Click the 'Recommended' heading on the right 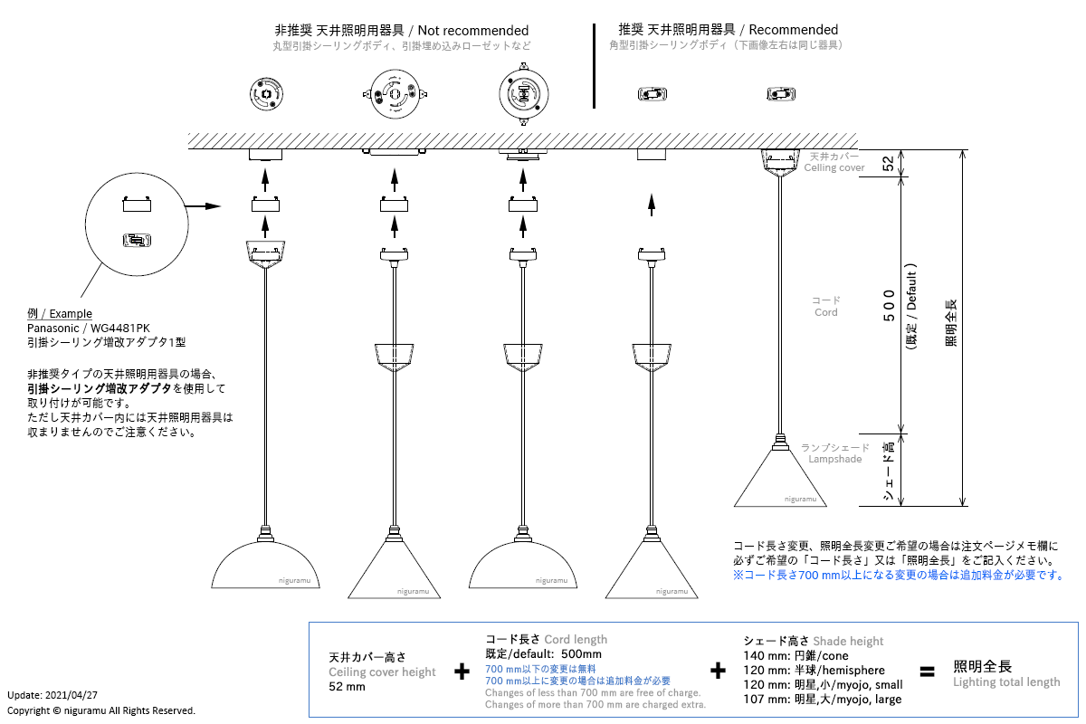point(794,30)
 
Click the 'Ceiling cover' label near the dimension point(834,167)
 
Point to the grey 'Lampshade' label point(834,460)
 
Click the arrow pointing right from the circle point(202,206)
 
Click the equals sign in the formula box point(926,672)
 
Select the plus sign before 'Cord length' point(462,672)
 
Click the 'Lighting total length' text point(1005,682)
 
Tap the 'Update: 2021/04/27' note point(51,695)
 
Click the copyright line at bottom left point(100,710)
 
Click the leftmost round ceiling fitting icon point(266,93)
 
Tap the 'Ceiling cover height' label point(382,672)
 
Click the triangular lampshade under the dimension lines point(779,480)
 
